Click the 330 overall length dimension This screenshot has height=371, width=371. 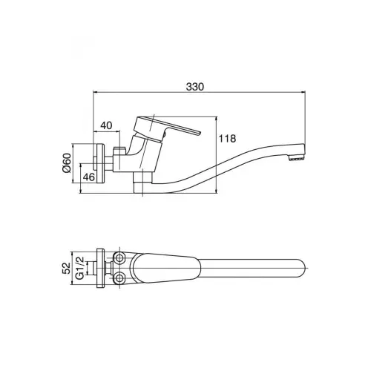coord(195,87)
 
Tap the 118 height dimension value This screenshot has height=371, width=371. coord(227,139)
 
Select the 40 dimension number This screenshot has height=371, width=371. coord(106,125)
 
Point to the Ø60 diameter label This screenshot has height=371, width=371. coord(67,162)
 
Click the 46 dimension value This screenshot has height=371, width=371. coord(89,177)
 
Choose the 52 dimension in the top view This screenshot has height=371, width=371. coord(66,268)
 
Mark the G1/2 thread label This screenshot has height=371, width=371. coord(80,268)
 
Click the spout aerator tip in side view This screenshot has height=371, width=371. coord(296,159)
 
